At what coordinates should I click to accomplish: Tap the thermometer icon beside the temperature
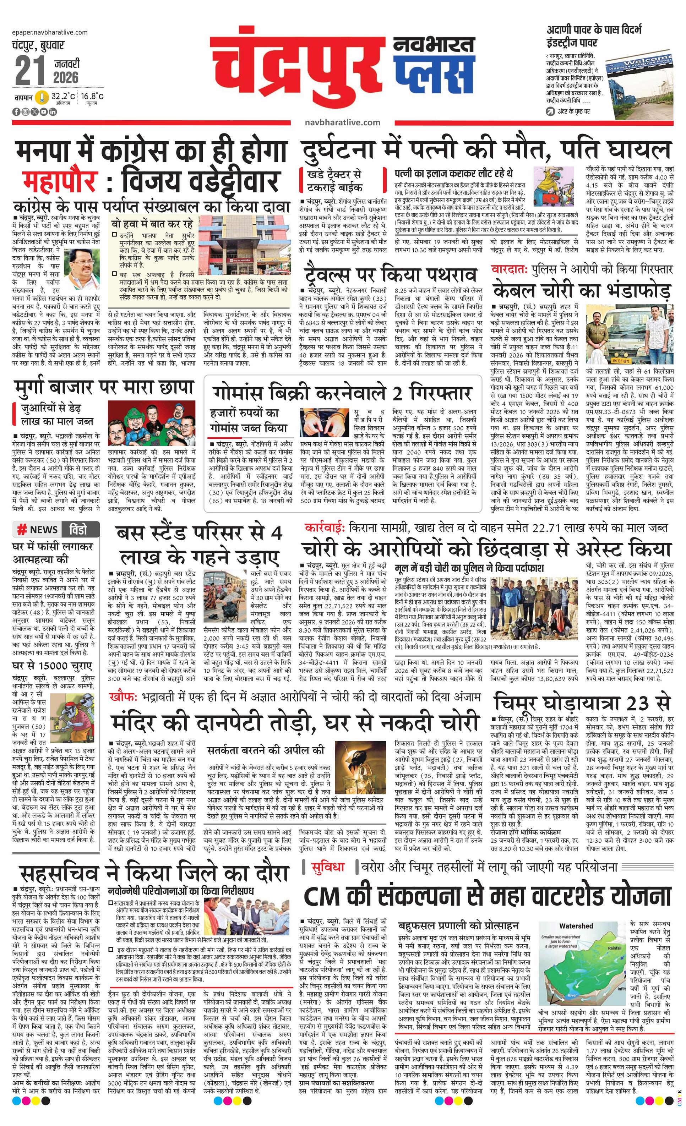pyautogui.click(x=43, y=97)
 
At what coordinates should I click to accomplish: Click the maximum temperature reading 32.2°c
pyautogui.click(x=62, y=97)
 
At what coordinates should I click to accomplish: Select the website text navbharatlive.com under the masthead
pyautogui.click(x=342, y=122)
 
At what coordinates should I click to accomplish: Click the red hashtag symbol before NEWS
pyautogui.click(x=21, y=529)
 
